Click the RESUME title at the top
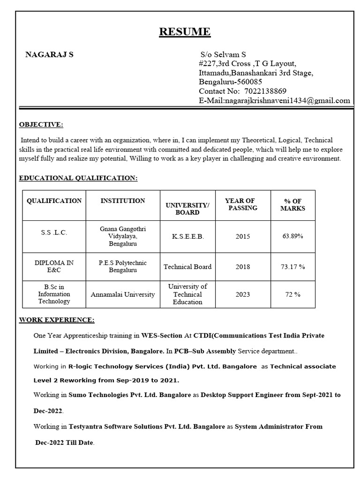185,32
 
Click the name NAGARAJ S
49,54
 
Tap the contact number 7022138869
262,91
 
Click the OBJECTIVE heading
41,124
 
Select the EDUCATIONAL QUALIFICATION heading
78,178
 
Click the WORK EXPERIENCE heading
57,320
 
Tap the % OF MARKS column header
292,204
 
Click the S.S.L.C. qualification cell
54,233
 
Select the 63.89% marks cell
292,236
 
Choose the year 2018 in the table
243,267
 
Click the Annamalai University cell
123,294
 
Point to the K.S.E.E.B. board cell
187,236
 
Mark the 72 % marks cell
292,294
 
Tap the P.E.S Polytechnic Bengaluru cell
123,267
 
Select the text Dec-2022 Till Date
65,442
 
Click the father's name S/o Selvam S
223,55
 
